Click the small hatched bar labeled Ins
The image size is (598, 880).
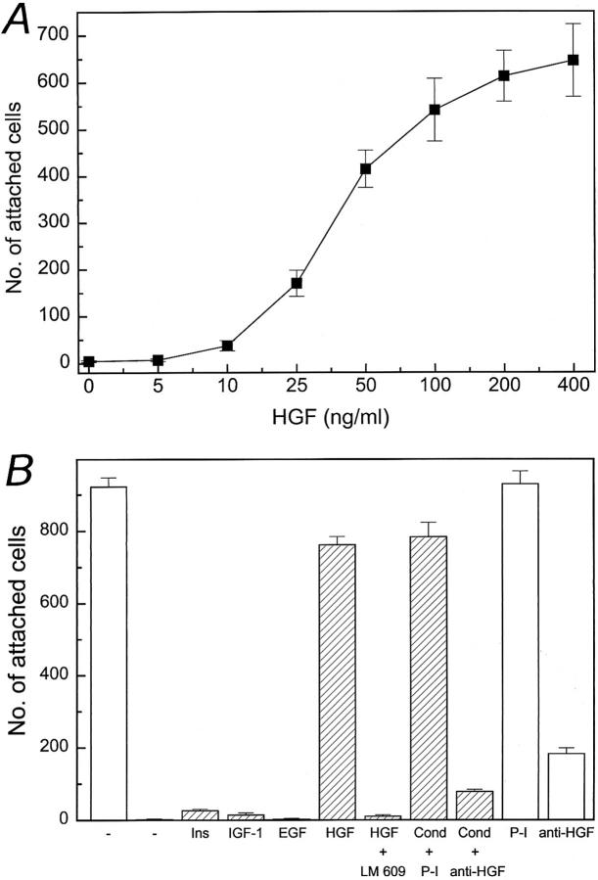click(x=200, y=814)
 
